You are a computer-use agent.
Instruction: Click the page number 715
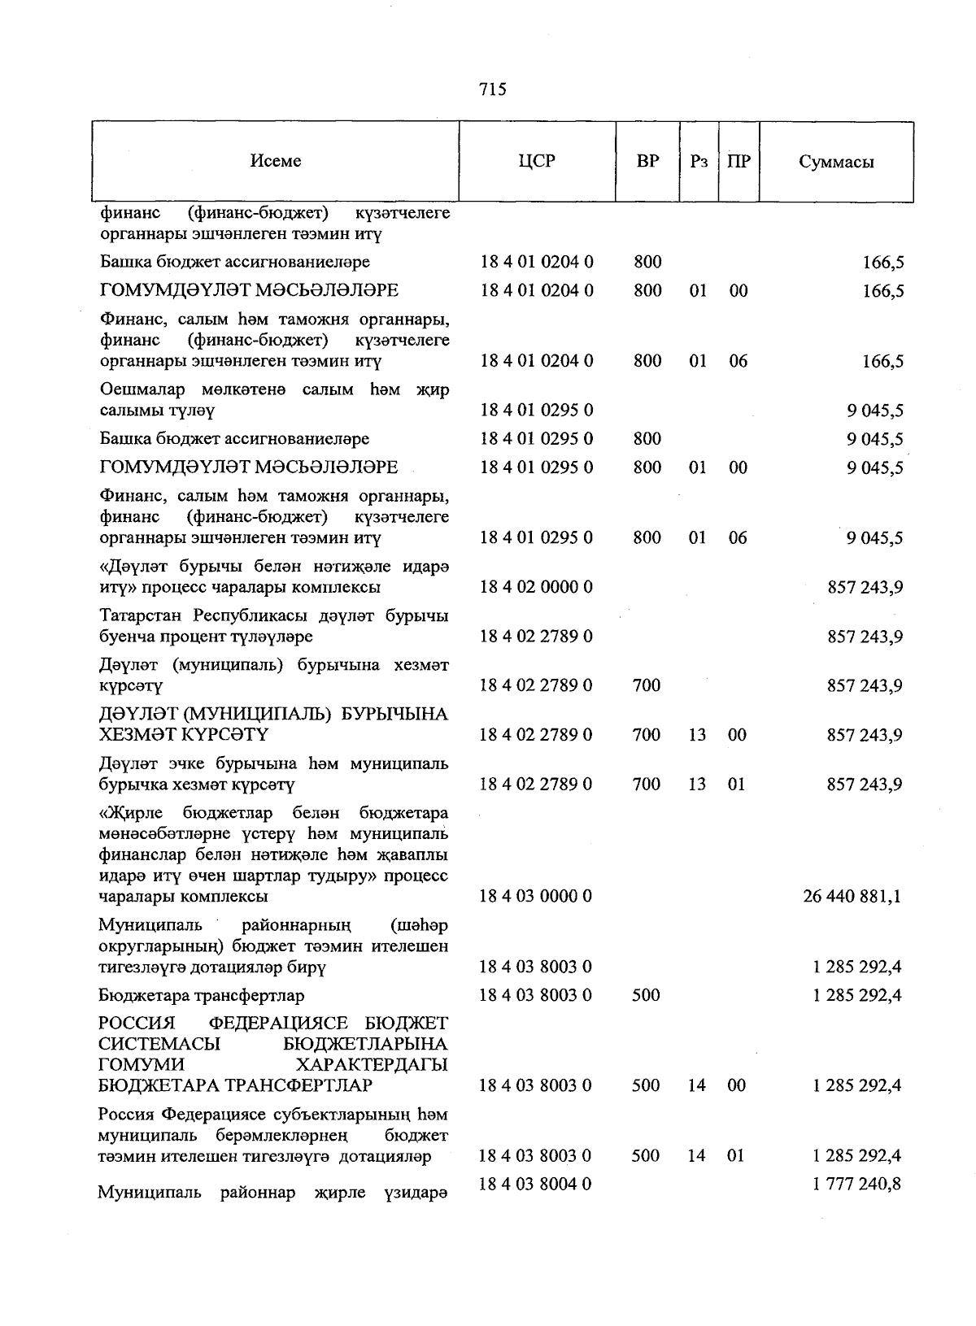coord(493,89)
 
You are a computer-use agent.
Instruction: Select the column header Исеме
coord(276,161)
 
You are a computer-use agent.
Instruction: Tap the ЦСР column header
coord(537,161)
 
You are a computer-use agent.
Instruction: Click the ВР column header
coord(647,161)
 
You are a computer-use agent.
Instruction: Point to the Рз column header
coord(699,161)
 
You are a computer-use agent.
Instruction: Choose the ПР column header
coord(739,161)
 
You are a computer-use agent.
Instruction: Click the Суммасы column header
coord(836,161)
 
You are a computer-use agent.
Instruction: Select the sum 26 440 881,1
coord(852,897)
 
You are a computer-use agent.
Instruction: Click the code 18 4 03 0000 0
coord(536,897)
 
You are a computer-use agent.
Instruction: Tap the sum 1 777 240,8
coord(856,1185)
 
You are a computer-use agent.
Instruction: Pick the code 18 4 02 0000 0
coord(536,587)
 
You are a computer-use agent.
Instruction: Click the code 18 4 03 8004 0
coord(536,1185)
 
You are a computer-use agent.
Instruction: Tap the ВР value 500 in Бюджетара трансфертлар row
coord(646,995)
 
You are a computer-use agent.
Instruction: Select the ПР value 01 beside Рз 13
coord(736,785)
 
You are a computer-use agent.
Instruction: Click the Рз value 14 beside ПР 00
coord(697,1085)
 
